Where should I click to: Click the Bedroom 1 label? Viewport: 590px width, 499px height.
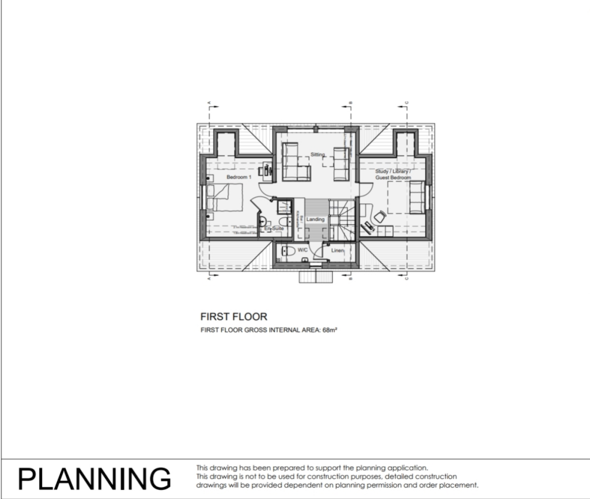click(x=239, y=177)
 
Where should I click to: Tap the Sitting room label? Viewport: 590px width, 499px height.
click(x=317, y=154)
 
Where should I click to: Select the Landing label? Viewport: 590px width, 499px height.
click(x=315, y=220)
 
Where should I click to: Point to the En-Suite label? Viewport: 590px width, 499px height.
click(x=274, y=229)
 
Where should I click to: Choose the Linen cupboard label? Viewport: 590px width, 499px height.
click(x=337, y=251)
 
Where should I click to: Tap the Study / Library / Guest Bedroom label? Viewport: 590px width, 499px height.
click(x=393, y=175)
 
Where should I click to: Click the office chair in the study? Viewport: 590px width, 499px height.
click(x=380, y=217)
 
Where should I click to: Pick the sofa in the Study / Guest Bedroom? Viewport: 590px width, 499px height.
click(x=417, y=197)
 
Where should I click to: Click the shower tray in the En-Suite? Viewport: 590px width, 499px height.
click(x=284, y=207)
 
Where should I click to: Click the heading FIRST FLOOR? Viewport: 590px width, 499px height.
click(x=233, y=316)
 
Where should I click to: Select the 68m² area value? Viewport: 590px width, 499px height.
click(x=330, y=331)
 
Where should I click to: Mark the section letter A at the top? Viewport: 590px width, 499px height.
click(x=209, y=104)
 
